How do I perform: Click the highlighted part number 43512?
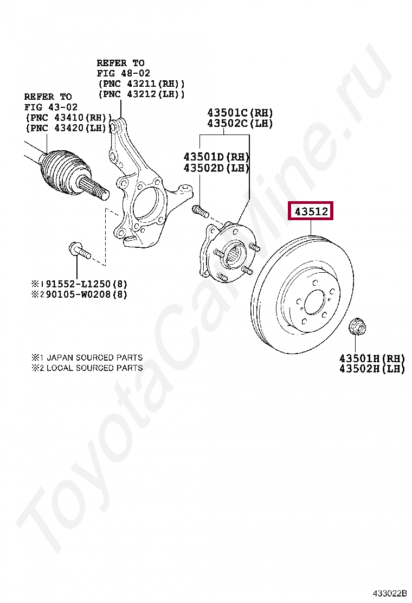coord(311,211)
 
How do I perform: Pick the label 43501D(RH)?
coord(216,157)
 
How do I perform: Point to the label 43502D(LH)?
coord(216,168)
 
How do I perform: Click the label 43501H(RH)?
coord(372,358)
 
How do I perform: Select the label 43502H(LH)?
coord(372,369)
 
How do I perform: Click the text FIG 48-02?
coord(124,73)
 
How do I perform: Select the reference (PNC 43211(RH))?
coord(141,84)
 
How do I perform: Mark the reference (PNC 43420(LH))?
coord(68,128)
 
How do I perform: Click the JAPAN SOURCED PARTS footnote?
coord(94,358)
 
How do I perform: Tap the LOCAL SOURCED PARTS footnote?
coord(94,368)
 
